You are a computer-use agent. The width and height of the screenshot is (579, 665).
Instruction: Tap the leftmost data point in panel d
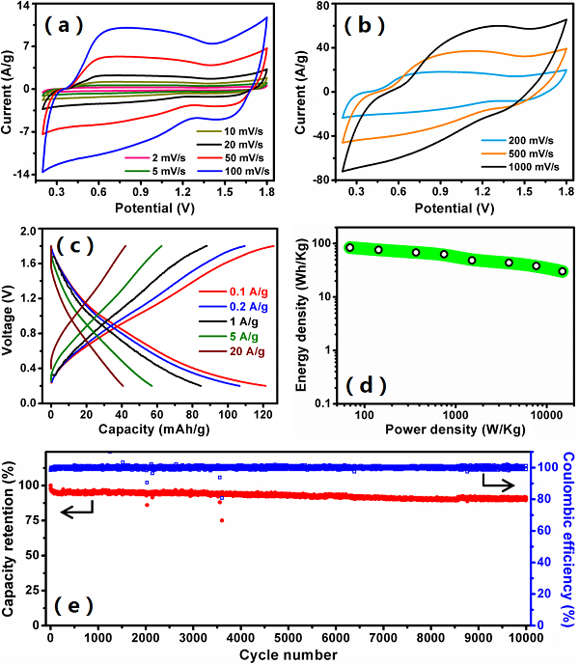tap(350, 247)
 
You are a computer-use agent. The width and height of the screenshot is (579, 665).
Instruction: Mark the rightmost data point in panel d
tap(563, 271)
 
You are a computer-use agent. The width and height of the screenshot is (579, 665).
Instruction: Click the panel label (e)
tap(74, 605)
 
